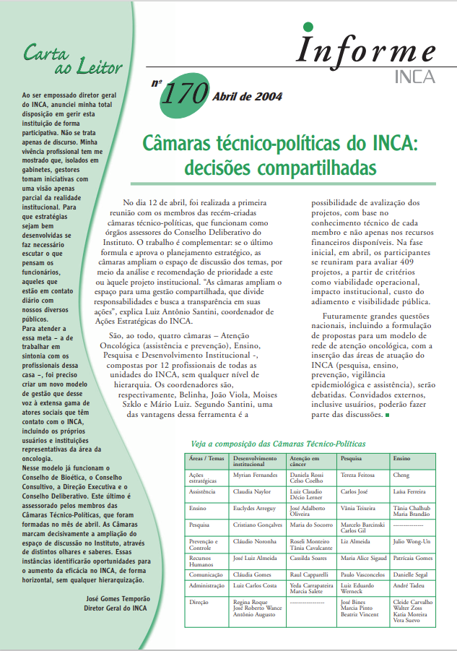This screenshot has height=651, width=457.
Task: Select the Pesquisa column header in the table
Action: (352, 458)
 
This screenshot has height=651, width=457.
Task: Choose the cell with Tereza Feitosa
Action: (358, 475)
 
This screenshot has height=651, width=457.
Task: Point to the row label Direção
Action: (198, 600)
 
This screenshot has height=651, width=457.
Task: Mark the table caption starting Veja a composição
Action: (277, 443)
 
